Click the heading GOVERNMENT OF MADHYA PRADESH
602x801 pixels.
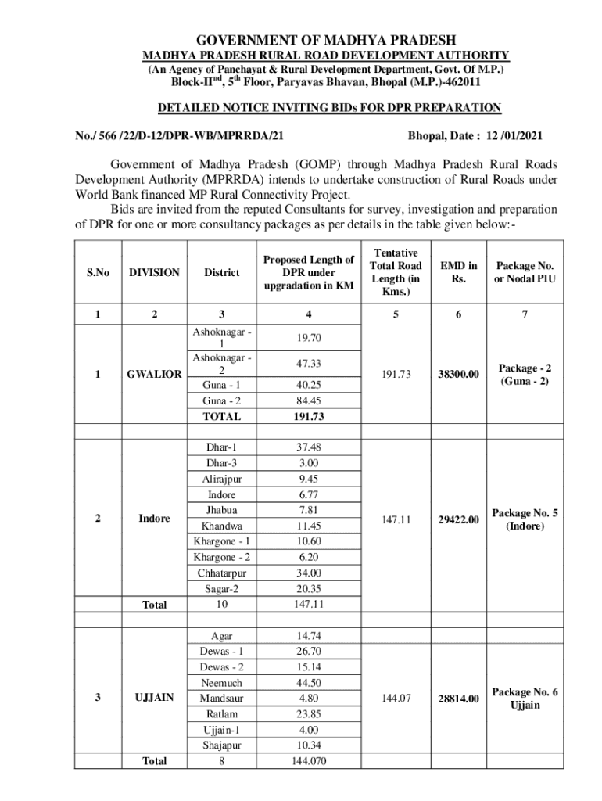point(325,40)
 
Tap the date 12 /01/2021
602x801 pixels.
point(508,135)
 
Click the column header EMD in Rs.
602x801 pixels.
point(458,272)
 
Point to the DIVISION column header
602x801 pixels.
point(155,272)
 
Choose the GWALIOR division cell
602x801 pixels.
point(155,374)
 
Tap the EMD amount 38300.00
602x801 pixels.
point(458,375)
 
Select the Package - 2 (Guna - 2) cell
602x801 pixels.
point(525,374)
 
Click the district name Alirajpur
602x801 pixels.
point(222,479)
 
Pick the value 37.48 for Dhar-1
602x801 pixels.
point(309,447)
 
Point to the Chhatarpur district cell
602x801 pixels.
point(222,573)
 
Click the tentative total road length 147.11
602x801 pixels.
point(395,519)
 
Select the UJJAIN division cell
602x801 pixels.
point(155,697)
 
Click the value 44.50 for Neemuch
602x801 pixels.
point(309,682)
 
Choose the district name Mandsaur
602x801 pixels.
point(222,698)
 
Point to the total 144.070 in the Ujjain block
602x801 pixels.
point(309,760)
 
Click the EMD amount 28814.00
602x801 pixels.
point(458,698)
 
